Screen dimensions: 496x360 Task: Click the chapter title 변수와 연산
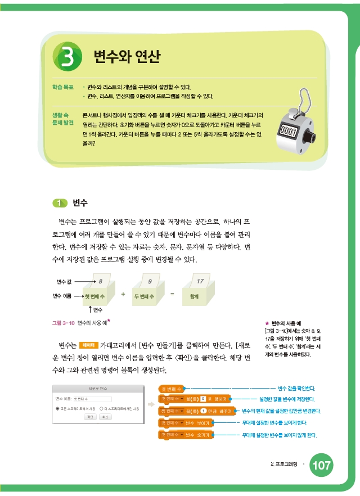click(x=127, y=56)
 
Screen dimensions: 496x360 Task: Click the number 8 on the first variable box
click(x=100, y=280)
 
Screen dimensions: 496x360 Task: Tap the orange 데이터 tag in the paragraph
click(x=88, y=345)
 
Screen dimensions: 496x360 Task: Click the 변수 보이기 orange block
click(x=186, y=422)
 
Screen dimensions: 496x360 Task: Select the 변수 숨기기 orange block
click(x=186, y=435)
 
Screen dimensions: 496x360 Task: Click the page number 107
click(x=321, y=466)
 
